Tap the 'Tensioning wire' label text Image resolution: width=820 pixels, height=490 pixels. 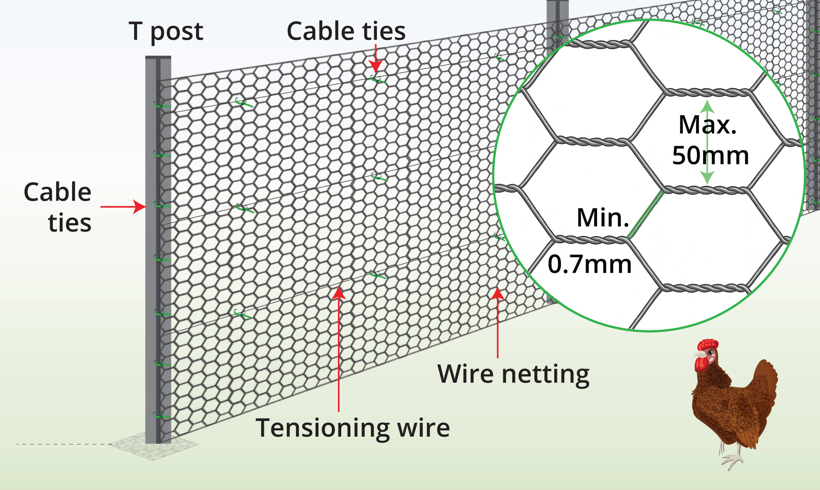pyautogui.click(x=353, y=428)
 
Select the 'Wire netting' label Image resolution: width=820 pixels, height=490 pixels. pyautogui.click(x=513, y=374)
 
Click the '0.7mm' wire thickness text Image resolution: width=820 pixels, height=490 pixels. pyautogui.click(x=589, y=264)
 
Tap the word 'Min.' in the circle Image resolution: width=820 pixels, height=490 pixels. pyautogui.click(x=603, y=218)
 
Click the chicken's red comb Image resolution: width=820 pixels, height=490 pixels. pyautogui.click(x=707, y=345)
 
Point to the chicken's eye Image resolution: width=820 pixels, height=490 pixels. pyautogui.click(x=710, y=352)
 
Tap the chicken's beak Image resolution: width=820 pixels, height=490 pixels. pyautogui.click(x=698, y=355)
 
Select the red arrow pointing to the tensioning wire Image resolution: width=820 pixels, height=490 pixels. pyautogui.click(x=339, y=347)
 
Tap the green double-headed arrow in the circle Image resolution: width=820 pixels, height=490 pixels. pyautogui.click(x=707, y=142)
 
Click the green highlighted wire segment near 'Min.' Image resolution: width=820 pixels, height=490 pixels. pyautogui.click(x=645, y=215)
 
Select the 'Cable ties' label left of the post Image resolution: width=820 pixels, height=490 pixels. pyautogui.click(x=58, y=207)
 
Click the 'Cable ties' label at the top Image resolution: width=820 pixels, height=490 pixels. pyautogui.click(x=346, y=31)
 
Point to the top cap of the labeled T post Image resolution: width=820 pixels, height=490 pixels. pyautogui.click(x=158, y=58)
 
